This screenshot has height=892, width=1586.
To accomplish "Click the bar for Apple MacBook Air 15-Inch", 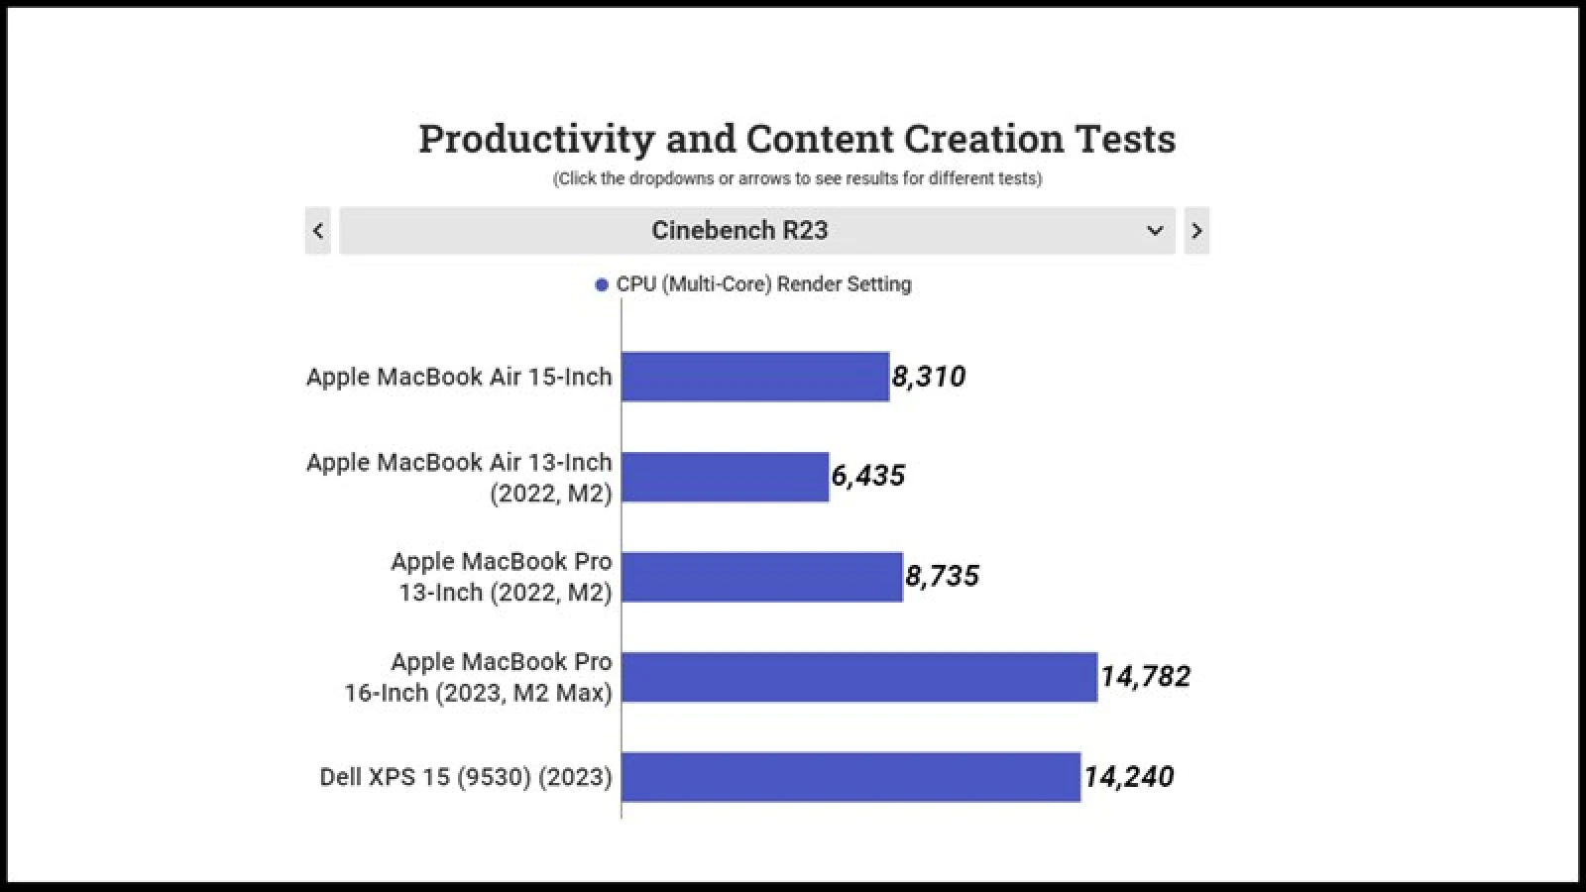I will [x=754, y=377].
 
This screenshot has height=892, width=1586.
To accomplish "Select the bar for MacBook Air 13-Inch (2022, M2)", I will [x=725, y=477].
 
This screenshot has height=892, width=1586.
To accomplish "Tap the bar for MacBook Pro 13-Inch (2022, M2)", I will [x=761, y=577].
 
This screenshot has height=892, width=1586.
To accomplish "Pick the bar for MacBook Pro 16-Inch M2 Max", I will [x=858, y=677].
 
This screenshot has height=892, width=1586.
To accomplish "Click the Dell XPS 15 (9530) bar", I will [x=850, y=777].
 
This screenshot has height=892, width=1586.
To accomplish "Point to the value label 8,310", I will [x=929, y=377].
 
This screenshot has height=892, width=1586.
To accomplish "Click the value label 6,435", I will [x=868, y=476].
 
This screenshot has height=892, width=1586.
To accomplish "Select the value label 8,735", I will [x=942, y=576].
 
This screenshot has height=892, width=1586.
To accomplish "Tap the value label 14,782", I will [x=1145, y=677].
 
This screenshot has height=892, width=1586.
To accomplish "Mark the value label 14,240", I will [x=1128, y=777].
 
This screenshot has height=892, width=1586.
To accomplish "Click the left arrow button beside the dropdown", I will [x=318, y=231].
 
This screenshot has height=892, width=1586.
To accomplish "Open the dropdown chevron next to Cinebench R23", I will [x=1155, y=231].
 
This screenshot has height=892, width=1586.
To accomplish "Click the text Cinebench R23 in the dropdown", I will [x=739, y=231].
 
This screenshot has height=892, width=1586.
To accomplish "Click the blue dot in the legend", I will [x=602, y=285].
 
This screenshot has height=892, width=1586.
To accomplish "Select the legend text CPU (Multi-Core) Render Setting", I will [x=763, y=284].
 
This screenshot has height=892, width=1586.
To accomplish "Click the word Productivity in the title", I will [x=536, y=139].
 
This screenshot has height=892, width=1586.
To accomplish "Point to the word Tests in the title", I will [x=1126, y=139].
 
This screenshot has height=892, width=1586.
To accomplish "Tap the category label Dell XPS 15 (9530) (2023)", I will [x=465, y=777].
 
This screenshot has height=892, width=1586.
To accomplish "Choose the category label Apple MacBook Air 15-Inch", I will [x=459, y=377].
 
